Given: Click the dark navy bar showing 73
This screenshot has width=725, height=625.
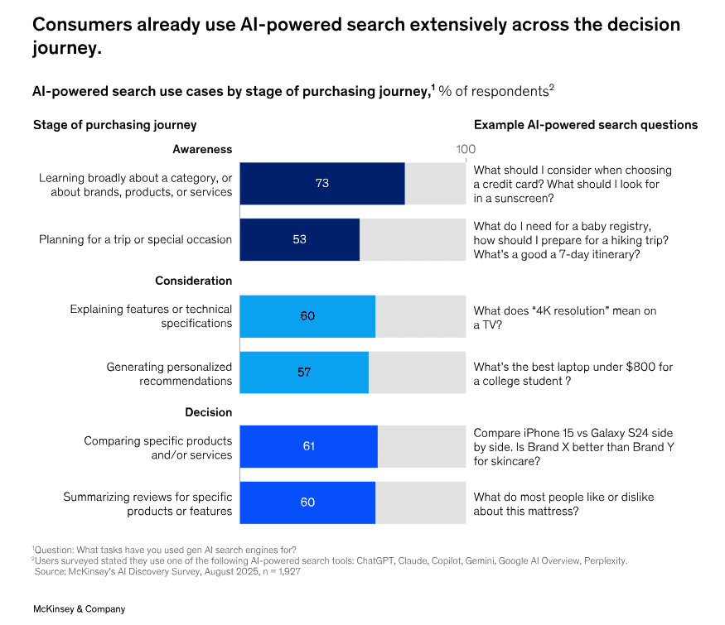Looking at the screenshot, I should point(321,183).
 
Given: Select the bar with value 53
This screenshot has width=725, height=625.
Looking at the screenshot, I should point(299,239).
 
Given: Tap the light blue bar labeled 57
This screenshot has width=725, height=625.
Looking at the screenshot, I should point(303,373).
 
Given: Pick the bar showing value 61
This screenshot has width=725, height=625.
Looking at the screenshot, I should point(308,446).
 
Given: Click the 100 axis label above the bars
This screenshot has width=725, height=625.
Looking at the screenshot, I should point(466,149).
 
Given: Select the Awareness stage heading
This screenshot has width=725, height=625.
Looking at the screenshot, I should point(202,149).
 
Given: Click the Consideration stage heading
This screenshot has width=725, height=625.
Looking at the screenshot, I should point(193,281).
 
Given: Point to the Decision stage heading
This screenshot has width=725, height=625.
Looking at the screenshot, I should point(209,412).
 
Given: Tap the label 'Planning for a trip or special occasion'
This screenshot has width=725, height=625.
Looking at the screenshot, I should point(135,239).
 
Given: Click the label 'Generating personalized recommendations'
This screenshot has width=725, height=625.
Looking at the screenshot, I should point(169,373).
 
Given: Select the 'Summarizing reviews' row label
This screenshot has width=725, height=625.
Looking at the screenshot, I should point(147,503).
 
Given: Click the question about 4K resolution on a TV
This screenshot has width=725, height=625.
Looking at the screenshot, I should point(565,318).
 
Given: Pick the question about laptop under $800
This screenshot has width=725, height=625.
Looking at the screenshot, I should point(573,373).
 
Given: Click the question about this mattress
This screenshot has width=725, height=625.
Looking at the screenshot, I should point(563,503).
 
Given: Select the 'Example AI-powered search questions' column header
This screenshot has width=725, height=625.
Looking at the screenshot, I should point(585,125).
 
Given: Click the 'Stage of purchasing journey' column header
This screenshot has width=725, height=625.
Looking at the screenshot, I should point(114,125).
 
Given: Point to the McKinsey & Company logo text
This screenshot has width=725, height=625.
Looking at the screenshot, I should point(79,608).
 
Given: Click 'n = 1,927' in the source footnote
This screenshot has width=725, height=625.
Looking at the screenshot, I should point(278,571).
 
